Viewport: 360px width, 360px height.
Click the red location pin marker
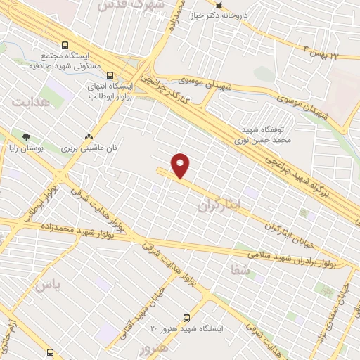click(x=181, y=166)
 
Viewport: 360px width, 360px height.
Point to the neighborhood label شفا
click(x=240, y=269)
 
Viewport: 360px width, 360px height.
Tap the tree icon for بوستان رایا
click(x=27, y=136)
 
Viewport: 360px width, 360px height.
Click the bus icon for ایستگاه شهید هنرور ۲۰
click(x=186, y=318)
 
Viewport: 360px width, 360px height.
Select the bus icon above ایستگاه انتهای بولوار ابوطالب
click(x=109, y=74)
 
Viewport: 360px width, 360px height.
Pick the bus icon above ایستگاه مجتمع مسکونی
click(x=65, y=44)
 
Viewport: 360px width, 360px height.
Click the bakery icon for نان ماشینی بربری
click(x=88, y=137)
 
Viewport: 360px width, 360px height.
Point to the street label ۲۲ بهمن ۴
click(x=330, y=53)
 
